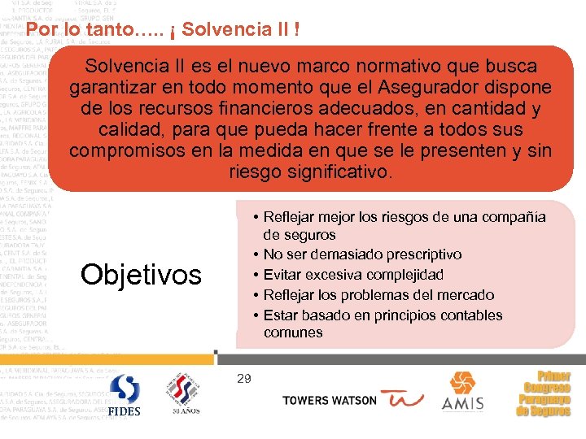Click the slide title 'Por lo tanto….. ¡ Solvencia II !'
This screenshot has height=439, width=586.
[x=163, y=31]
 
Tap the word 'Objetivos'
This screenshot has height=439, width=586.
[x=141, y=275]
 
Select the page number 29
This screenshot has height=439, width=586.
[x=244, y=378]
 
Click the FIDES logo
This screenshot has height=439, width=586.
[x=125, y=396]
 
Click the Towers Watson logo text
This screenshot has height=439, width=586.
[x=330, y=400]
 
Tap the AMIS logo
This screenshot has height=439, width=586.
[x=462, y=392]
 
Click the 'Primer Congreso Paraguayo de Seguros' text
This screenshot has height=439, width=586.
[x=544, y=394]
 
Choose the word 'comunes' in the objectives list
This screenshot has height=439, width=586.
[x=293, y=333]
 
